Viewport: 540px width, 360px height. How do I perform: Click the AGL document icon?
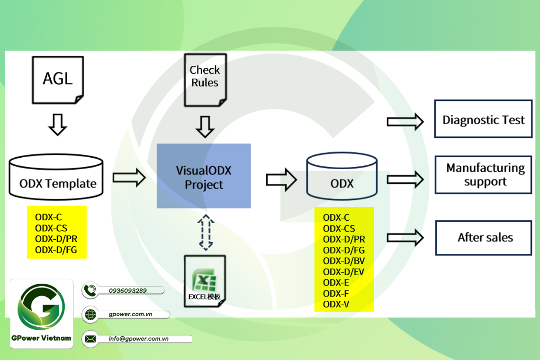pos(57,80)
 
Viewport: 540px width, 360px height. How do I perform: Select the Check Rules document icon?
pos(205,79)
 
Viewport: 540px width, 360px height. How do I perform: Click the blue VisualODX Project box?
pos(204,176)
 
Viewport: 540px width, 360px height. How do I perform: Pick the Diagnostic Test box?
pos(483,119)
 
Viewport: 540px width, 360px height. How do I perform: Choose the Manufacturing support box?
pos(483,175)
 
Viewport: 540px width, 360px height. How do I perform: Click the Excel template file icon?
pos(204,280)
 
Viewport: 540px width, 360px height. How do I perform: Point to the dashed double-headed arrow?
pos(206,233)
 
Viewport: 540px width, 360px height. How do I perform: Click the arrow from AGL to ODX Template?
pos(57,124)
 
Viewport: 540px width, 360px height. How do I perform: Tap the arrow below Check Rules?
pos(205,126)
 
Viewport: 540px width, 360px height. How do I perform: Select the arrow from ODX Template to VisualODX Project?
pos(129,178)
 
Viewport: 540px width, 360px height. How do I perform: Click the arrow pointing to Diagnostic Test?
pos(405,121)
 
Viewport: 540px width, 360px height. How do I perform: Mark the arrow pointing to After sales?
pos(405,237)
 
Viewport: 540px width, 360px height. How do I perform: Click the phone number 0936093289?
pos(127,290)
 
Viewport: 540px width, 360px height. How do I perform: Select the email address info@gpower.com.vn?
pos(138,339)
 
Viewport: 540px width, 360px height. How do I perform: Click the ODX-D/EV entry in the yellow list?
pos(343,271)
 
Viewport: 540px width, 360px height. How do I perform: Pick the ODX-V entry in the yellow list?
pos(336,304)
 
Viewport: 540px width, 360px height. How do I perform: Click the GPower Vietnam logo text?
pos(42,338)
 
